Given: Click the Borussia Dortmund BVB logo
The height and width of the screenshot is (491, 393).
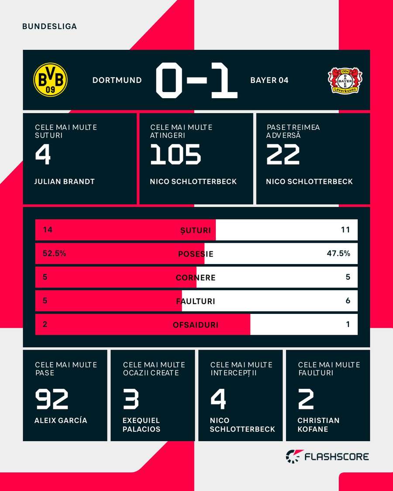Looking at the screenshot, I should tap(51, 79).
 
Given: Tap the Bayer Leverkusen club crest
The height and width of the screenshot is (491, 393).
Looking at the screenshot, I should tap(345, 80).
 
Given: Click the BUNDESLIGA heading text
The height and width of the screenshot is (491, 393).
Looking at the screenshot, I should tap(49, 26).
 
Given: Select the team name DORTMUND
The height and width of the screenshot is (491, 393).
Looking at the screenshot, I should tap(117, 80).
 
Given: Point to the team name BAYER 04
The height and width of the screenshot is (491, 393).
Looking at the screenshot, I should tap(269, 80).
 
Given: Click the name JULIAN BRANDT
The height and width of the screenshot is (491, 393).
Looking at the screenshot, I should tap(64, 182).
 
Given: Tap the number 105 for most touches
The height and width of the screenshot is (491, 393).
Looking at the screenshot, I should tap(176, 155).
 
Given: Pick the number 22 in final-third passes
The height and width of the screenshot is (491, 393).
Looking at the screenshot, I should tap(283, 155).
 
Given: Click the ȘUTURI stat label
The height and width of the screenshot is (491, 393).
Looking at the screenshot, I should tap(196, 230).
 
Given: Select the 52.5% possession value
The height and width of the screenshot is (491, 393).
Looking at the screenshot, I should tap(55, 253).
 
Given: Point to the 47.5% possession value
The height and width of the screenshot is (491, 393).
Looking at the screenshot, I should tap(338, 253).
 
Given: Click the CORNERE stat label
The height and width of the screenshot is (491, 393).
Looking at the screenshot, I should tap(196, 278).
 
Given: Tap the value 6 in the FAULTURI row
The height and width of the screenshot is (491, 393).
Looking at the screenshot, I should tap(348, 301).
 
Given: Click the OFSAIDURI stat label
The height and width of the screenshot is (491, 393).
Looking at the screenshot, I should tap(196, 325).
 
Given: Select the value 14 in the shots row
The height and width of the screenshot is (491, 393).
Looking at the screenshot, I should tap(48, 230).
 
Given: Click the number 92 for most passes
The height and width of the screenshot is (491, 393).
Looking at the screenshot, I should tap(52, 399).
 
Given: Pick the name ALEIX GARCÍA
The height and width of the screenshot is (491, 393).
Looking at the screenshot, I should tap(61, 421).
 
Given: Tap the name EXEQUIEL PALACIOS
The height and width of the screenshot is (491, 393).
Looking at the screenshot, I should tap(141, 425).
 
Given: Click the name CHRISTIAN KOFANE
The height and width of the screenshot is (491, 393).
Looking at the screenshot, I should tap(318, 425).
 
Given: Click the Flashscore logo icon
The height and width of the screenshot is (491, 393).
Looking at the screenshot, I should tap(292, 457).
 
